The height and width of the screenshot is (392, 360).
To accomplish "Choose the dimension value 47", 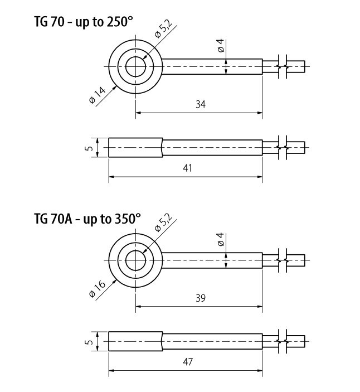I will (x=187, y=362).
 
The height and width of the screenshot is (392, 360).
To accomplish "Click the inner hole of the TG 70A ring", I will (x=135, y=260).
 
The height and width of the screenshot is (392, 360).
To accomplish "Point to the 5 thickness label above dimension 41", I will (x=89, y=148).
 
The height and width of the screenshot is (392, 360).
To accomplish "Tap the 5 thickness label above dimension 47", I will (x=89, y=341).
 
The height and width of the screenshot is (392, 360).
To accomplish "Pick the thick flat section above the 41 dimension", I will (x=135, y=148).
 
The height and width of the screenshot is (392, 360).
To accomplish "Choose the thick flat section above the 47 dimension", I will (x=135, y=341).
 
